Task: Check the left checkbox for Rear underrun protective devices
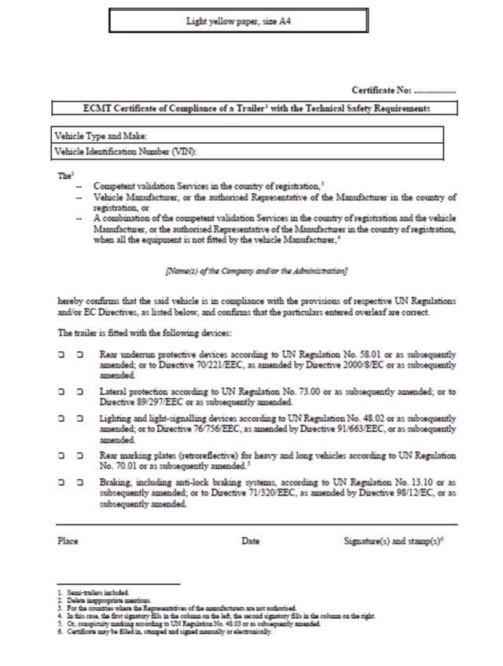click(61, 356)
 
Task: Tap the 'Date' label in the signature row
click(251, 542)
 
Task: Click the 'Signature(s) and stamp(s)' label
click(398, 542)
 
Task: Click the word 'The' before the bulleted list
click(63, 176)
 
